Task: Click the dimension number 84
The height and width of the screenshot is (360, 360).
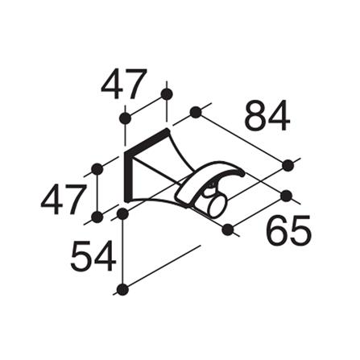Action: [267, 116]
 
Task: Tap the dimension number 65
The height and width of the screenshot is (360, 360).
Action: [288, 230]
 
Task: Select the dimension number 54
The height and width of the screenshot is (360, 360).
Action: [93, 256]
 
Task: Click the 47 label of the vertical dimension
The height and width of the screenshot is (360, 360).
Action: [63, 200]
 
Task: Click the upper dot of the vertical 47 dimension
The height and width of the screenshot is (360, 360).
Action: [97, 169]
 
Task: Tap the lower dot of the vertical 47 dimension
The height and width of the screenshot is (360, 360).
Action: [97, 217]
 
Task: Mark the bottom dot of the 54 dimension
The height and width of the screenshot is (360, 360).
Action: [122, 290]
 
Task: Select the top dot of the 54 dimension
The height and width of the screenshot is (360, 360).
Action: [122, 213]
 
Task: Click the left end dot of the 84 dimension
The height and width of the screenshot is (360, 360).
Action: [196, 112]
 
